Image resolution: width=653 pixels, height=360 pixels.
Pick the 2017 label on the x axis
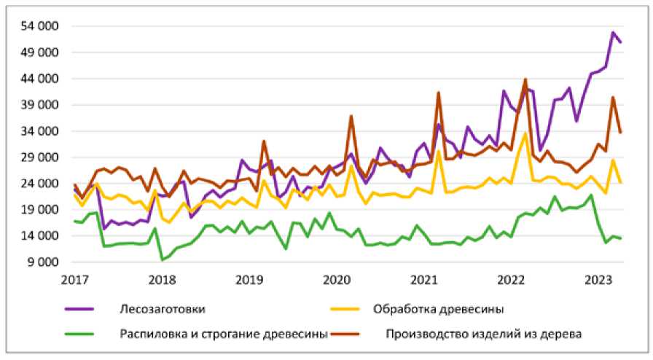74,280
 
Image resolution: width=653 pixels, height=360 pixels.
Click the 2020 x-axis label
336,280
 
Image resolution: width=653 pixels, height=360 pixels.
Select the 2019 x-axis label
249,280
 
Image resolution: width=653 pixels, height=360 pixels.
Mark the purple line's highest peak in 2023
613,33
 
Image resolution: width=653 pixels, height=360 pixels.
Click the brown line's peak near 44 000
525,79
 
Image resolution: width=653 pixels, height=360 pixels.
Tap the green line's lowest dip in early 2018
163,259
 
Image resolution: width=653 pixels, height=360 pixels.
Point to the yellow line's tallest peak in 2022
525,133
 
